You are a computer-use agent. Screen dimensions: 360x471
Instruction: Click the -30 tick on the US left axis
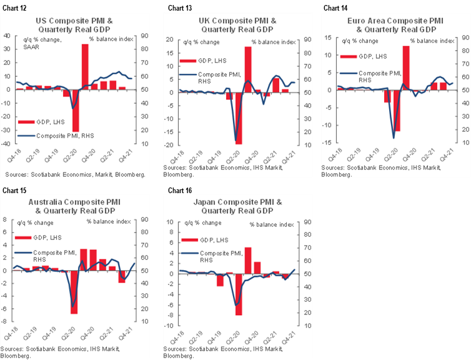(x=7, y=130)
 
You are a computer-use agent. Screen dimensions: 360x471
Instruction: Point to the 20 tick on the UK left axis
(x=169, y=39)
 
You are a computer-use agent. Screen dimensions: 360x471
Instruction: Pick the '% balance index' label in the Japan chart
(x=271, y=224)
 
